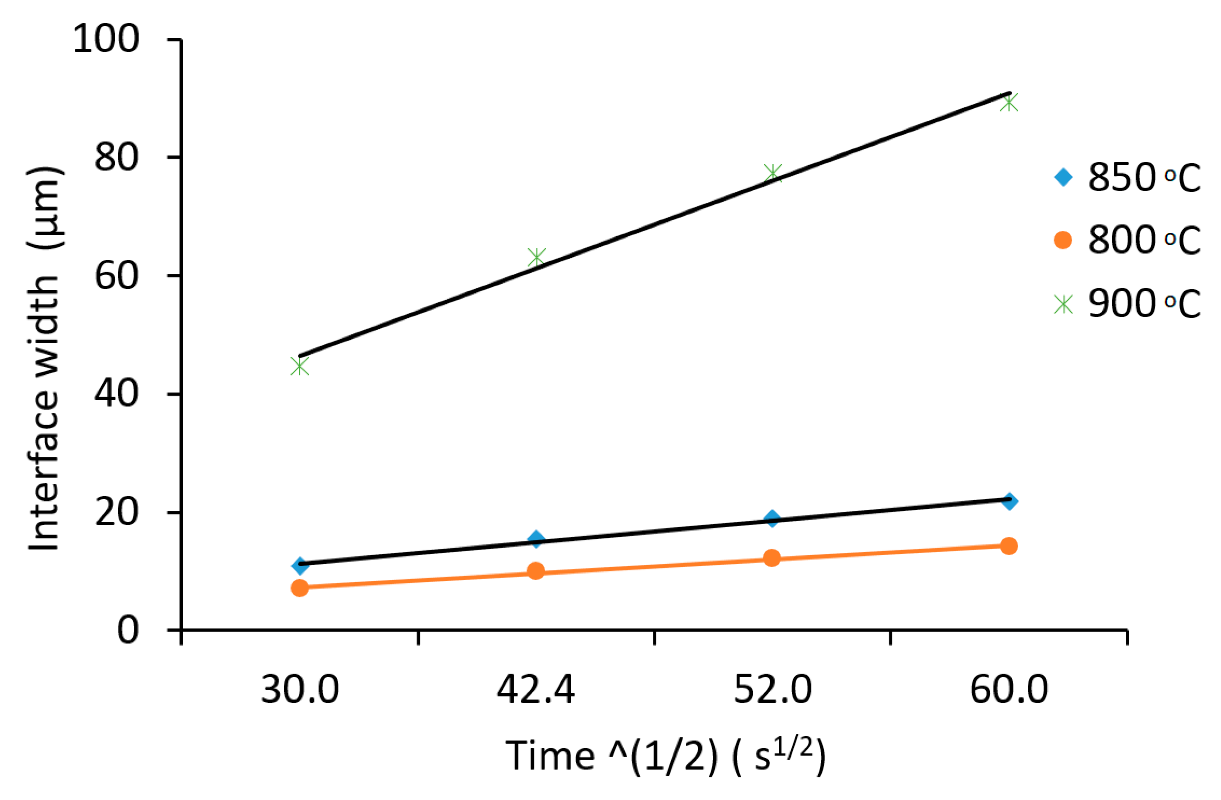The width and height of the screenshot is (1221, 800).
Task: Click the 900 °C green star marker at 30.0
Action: pos(300,366)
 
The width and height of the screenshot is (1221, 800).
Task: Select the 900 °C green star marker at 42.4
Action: pos(536,257)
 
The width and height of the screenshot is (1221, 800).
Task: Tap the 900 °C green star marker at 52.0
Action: pos(772,173)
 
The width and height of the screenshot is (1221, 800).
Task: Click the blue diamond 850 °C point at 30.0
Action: pos(300,565)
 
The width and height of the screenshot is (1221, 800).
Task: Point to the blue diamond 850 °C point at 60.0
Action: pos(1009,501)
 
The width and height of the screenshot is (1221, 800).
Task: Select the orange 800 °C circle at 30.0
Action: pos(300,588)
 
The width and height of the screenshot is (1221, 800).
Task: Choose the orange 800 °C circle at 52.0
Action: pos(772,558)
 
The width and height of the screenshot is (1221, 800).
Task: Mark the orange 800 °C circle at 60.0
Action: pos(1009,546)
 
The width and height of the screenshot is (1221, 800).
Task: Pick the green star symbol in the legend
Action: pos(1063,304)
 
